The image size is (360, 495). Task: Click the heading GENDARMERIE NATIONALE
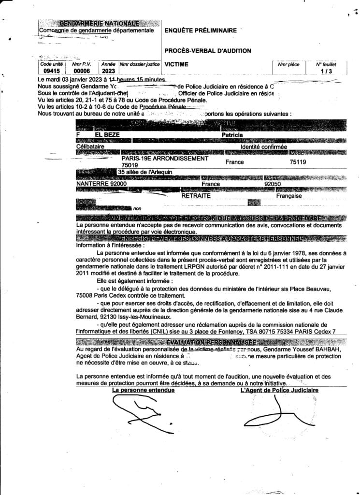tap(99, 23)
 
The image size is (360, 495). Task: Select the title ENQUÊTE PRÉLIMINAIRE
tap(201, 30)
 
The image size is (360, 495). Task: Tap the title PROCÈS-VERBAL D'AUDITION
tap(208, 51)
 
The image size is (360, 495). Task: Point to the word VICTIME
tap(176, 63)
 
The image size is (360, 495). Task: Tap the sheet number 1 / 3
tap(326, 71)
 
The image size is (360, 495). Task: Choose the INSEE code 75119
tap(298, 162)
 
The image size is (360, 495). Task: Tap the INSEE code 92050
tap(274, 184)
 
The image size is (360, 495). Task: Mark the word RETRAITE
tap(196, 196)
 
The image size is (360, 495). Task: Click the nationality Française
tap(289, 196)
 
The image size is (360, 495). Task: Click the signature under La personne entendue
tap(138, 413)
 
